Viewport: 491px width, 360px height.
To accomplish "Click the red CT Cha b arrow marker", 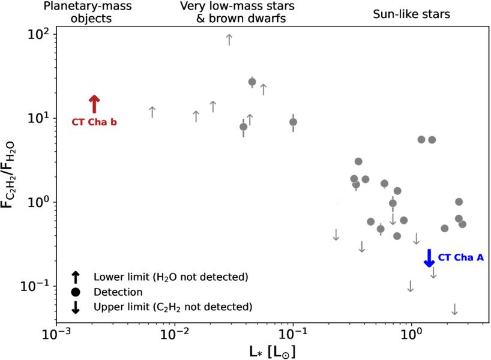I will (94, 104).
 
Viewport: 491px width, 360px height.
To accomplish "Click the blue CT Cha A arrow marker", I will (429, 257).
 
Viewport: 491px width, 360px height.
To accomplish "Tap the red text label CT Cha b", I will (94, 122).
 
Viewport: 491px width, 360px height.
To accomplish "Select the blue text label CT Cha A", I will (460, 257).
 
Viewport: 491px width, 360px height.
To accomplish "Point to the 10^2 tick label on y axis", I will (39, 34).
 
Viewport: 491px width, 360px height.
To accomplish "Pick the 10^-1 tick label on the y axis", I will (37, 286).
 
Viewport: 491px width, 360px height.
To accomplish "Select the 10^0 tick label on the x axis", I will (411, 332).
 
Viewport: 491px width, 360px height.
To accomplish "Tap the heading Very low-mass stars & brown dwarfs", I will (232, 12).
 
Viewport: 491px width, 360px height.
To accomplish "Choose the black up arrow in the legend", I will (76, 277).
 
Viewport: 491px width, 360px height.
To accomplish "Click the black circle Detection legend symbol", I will (76, 292).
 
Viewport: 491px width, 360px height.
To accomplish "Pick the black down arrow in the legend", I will (76, 307).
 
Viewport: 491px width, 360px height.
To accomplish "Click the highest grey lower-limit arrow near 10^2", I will (229, 40).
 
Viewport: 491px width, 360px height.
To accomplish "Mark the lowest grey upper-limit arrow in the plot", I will (454, 309).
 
